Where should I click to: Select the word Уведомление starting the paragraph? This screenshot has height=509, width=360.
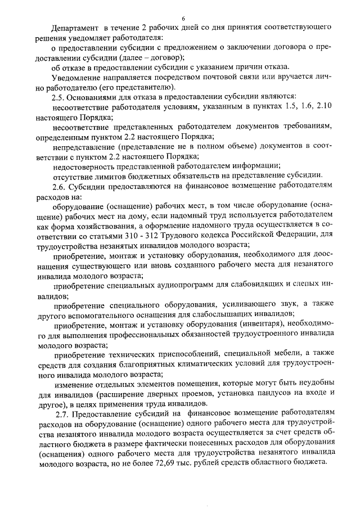tap(76, 77)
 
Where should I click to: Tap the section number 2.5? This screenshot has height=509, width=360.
tap(60, 98)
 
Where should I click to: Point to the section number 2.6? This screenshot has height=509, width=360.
tap(60, 187)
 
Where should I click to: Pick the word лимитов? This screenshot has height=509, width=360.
tap(112, 176)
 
